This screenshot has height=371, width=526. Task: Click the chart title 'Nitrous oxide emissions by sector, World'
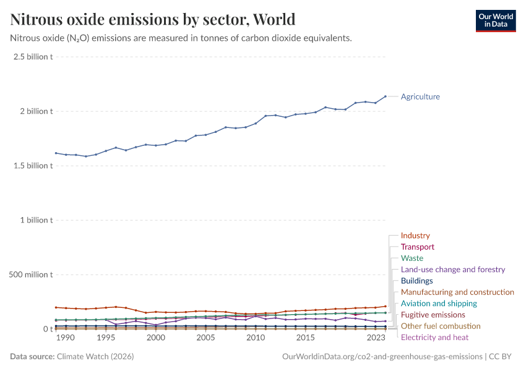coord(152,19)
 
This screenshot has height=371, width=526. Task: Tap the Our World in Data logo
coord(495,20)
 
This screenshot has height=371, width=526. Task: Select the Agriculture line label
coord(420,96)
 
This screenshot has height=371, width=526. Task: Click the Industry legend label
coord(415,236)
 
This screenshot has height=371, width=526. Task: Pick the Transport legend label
coord(417,247)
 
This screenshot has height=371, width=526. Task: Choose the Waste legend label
coord(412,258)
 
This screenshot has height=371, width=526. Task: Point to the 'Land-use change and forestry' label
coord(452,270)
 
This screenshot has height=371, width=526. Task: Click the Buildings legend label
coord(416,281)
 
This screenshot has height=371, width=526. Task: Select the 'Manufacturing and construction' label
coord(457,292)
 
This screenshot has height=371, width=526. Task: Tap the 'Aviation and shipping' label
coord(439,304)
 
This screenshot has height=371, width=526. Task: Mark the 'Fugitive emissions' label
coord(433,315)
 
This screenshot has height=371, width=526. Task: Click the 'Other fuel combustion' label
coord(440,326)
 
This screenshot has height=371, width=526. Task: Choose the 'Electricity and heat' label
coord(434,337)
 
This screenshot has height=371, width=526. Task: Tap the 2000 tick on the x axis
coord(155,338)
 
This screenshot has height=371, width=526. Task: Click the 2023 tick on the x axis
coord(376,338)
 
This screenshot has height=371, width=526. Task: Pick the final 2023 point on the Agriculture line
coord(386,96)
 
